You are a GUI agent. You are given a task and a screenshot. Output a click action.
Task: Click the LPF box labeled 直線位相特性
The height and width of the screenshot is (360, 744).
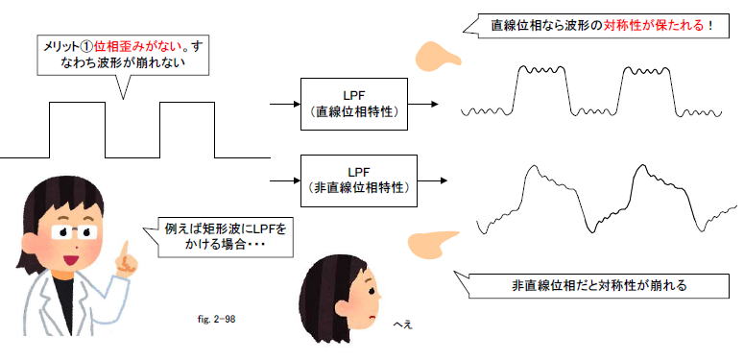[x=354, y=105]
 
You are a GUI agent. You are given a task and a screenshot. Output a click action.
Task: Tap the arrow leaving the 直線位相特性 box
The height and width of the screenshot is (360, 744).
[x=422, y=104]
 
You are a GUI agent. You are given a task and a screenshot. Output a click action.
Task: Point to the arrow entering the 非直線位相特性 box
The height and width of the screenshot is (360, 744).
[x=285, y=180]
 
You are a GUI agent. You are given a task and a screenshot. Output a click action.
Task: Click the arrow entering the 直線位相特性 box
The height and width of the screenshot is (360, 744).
[x=285, y=104]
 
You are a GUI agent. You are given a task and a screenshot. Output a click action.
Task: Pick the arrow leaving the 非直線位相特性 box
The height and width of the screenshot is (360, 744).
[x=432, y=180]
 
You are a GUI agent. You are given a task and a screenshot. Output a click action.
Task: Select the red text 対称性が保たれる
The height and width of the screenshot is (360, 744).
[x=654, y=25]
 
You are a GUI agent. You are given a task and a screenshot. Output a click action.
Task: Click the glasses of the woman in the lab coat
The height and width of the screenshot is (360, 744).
[x=74, y=232]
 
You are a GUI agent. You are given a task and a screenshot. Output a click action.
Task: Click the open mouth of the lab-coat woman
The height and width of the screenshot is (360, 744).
[x=71, y=260]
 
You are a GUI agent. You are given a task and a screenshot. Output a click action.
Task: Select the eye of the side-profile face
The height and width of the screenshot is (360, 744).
[x=372, y=287]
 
